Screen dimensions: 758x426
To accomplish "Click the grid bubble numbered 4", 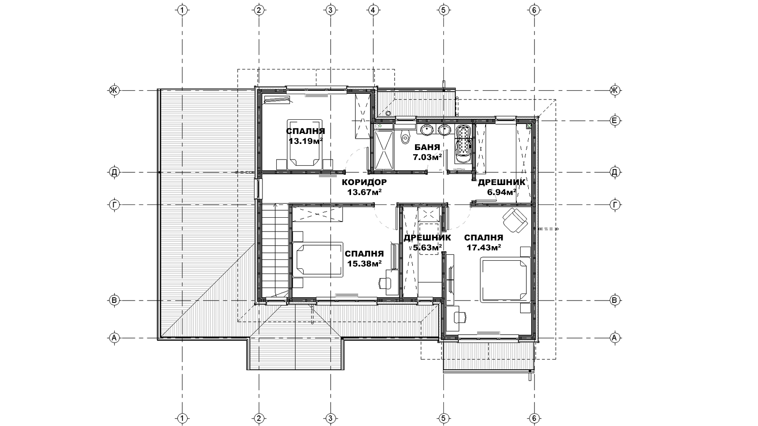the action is click(x=373, y=10).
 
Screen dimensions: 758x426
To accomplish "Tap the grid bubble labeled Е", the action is click(x=615, y=120).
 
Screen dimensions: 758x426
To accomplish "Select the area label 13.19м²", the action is click(x=306, y=141).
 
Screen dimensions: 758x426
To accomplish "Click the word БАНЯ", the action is click(x=427, y=147).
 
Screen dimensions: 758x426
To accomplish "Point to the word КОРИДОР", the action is click(x=364, y=182).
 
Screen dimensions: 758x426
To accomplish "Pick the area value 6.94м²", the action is click(x=502, y=192).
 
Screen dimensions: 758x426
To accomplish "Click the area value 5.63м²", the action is click(x=427, y=248).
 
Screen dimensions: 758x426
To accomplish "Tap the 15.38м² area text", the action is click(x=364, y=263).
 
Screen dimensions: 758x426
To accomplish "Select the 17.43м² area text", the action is click(x=484, y=248).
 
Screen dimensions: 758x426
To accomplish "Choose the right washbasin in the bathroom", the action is click(x=444, y=130).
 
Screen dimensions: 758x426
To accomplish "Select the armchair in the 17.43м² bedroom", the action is click(x=515, y=220).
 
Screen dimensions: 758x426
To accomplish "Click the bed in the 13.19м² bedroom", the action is click(x=305, y=144).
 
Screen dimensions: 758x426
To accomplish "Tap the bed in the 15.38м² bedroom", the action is click(x=318, y=260).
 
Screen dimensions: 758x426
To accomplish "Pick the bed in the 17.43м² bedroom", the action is click(x=505, y=280).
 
